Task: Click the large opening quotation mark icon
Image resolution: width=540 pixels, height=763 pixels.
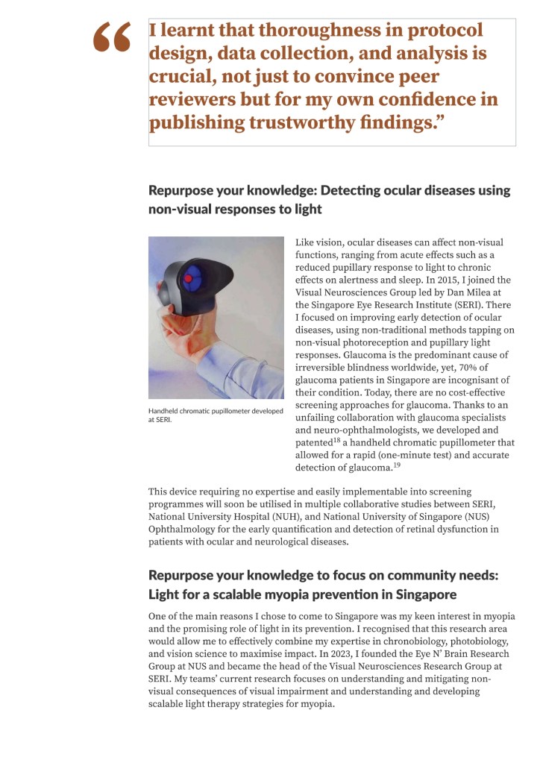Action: point(113,37)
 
